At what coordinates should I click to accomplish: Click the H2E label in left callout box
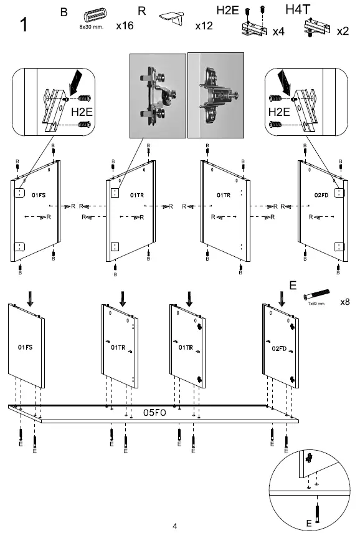click(x=81, y=113)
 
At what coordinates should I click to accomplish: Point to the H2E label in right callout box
click(x=280, y=112)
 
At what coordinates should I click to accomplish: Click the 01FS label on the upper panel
click(x=39, y=195)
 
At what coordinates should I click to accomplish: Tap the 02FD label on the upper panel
click(x=321, y=195)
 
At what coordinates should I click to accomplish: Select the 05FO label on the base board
click(x=154, y=412)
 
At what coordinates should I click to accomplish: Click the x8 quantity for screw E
click(x=344, y=302)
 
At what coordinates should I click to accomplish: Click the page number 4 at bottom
click(x=175, y=526)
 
